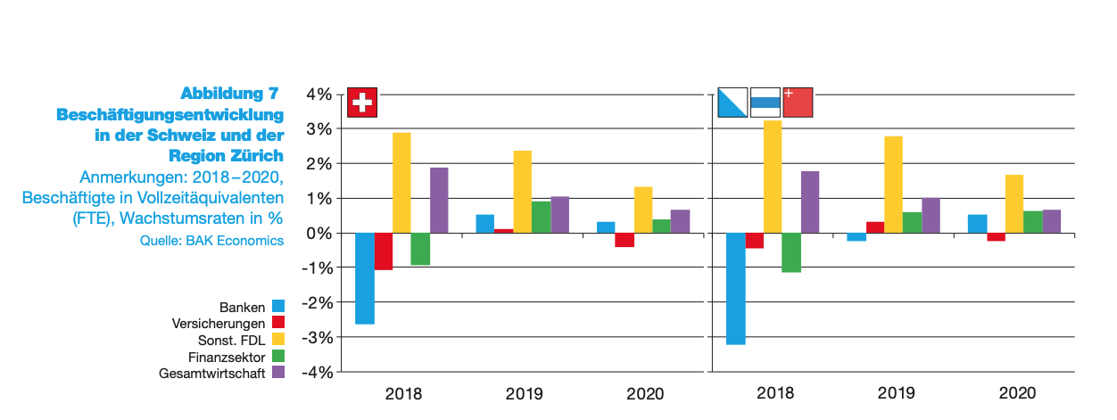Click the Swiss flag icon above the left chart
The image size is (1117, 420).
pos(362,103)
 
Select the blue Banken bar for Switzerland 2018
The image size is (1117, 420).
pos(364,278)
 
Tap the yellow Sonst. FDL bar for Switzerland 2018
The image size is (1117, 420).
pos(401,183)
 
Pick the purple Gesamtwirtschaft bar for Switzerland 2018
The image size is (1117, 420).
pos(439,200)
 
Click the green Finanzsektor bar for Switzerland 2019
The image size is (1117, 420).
pos(541,218)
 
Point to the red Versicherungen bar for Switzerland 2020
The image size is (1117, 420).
pos(625,240)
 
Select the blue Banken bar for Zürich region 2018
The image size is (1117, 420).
pos(735,288)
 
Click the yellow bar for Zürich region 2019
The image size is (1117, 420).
pos(893,185)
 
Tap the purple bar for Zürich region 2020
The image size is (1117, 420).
pos(1051,221)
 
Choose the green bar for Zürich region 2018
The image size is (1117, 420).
pos(791,252)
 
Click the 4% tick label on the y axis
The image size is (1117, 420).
pos(319,95)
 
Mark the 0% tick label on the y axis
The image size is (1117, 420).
pos(319,234)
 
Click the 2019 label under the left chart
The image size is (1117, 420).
pos(524,392)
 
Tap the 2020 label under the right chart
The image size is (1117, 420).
pos(1017,392)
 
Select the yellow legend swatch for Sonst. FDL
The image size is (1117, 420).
pos(278,340)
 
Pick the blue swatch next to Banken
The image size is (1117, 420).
pos(278,307)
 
